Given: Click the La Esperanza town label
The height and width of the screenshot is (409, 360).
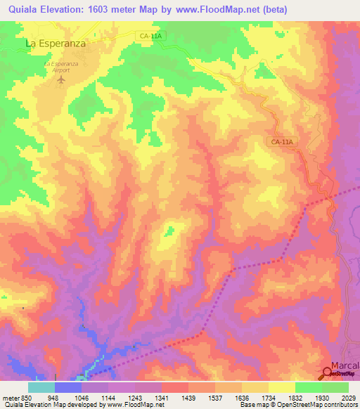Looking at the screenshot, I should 56,43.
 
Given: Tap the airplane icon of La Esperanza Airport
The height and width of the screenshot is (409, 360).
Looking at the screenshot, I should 60,79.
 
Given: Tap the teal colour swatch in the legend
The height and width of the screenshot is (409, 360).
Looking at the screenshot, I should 41,387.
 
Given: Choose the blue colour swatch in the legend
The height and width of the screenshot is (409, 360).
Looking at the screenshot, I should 67,387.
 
